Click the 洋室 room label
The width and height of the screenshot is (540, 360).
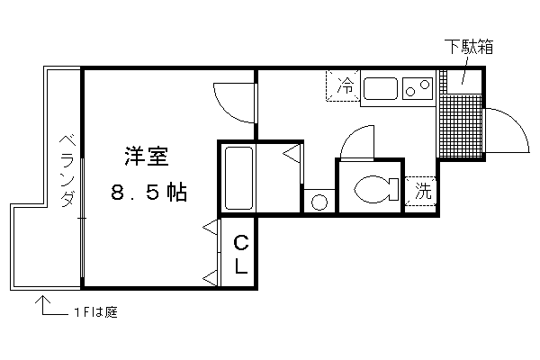click(147, 157)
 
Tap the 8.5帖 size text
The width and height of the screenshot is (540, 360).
click(149, 193)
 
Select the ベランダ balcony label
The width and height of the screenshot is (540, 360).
click(67, 171)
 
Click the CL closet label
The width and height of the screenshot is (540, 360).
click(240, 254)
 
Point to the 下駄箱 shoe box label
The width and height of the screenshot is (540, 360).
click(469, 47)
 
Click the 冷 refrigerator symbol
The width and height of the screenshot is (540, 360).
click(344, 85)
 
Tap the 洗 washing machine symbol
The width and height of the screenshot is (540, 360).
click(421, 191)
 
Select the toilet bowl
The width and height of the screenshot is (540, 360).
click(376, 189)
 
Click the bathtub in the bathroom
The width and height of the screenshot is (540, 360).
click(238, 178)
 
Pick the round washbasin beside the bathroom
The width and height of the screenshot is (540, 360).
click(319, 202)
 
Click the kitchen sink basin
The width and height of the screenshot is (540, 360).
click(381, 88)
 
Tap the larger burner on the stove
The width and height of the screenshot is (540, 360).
click(426, 85)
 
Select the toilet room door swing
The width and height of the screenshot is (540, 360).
click(351, 137)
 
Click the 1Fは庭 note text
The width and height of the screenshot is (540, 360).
click(96, 312)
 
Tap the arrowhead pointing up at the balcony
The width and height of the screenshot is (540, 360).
click(42, 300)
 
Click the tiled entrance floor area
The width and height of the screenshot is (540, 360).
click(461, 126)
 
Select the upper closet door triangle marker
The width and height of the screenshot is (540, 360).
click(210, 228)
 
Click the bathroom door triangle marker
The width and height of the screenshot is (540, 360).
click(292, 154)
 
